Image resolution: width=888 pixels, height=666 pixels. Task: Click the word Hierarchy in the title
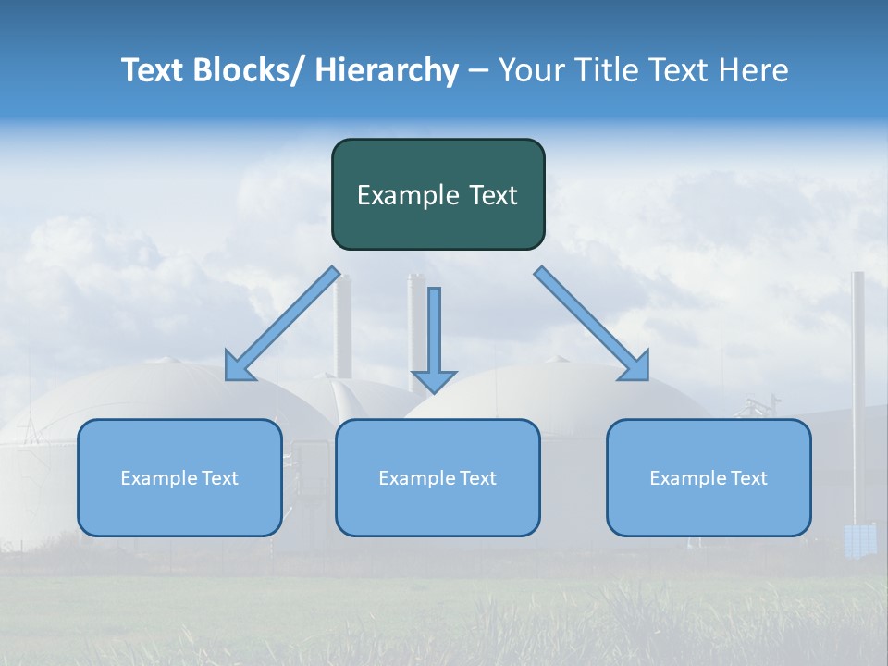(387, 71)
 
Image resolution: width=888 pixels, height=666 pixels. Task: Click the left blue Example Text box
(179, 477)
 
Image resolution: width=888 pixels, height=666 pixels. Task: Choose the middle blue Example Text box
(438, 477)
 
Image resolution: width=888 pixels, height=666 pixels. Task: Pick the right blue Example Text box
(709, 477)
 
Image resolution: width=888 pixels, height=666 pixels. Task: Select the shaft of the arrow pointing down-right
(583, 314)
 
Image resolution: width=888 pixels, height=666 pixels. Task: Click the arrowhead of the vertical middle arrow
(434, 381)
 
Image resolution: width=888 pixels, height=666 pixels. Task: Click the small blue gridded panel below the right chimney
(860, 540)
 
